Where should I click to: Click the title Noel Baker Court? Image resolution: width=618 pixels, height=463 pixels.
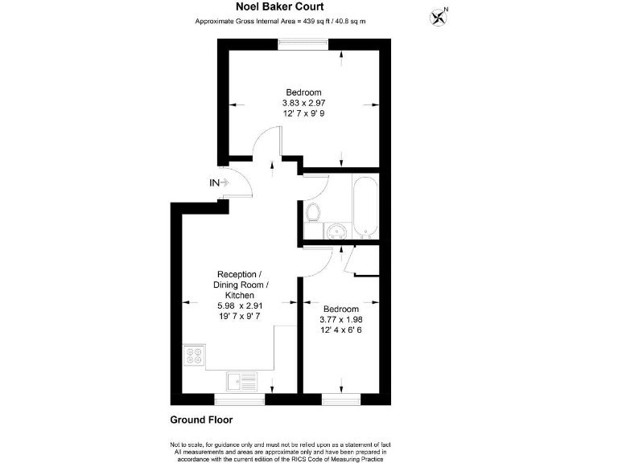[280, 6]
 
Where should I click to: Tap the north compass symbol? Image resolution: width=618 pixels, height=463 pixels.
[439, 15]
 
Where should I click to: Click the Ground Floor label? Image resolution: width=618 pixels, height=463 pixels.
[201, 420]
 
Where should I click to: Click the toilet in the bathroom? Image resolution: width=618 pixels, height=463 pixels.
[314, 212]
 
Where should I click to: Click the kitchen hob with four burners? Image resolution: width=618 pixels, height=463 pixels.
[194, 355]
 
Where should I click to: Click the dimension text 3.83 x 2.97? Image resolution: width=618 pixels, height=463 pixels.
[303, 103]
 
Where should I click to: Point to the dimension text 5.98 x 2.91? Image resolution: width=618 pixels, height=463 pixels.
[239, 306]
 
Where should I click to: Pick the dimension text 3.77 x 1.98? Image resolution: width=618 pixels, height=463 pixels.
[341, 319]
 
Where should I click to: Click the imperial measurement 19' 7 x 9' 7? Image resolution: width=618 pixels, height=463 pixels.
[239, 317]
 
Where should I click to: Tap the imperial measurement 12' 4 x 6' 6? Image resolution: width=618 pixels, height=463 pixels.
[341, 330]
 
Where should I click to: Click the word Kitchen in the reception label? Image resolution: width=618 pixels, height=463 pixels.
[239, 296]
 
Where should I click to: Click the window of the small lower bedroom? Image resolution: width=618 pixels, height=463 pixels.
[340, 397]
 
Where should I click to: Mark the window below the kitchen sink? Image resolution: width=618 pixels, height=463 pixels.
[238, 397]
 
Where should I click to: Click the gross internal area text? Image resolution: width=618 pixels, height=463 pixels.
[280, 21]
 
